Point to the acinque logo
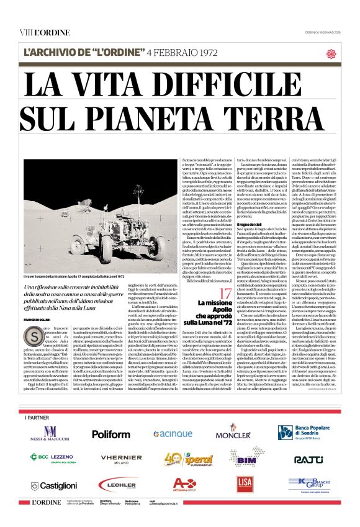coord(172,433)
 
